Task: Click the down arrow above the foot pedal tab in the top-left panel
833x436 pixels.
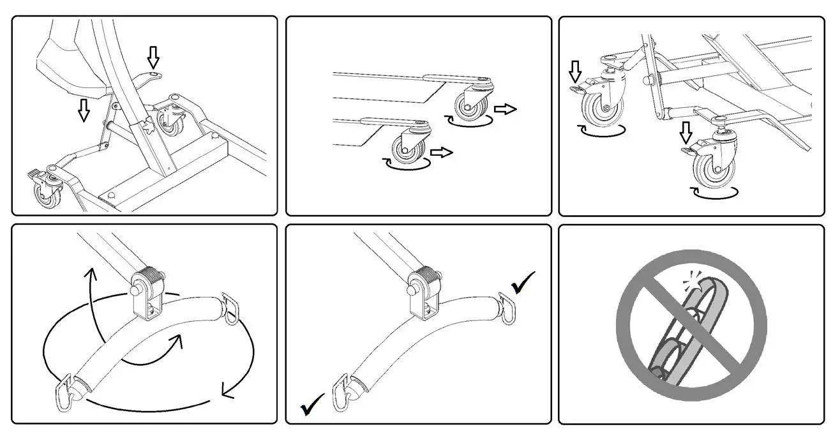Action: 152,57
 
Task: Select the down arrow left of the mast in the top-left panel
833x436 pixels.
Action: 83,109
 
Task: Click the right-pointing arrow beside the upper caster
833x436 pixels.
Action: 506,109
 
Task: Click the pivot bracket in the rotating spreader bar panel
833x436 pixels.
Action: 147,293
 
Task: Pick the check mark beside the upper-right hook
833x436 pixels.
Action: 523,282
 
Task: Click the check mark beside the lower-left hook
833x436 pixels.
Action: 312,405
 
